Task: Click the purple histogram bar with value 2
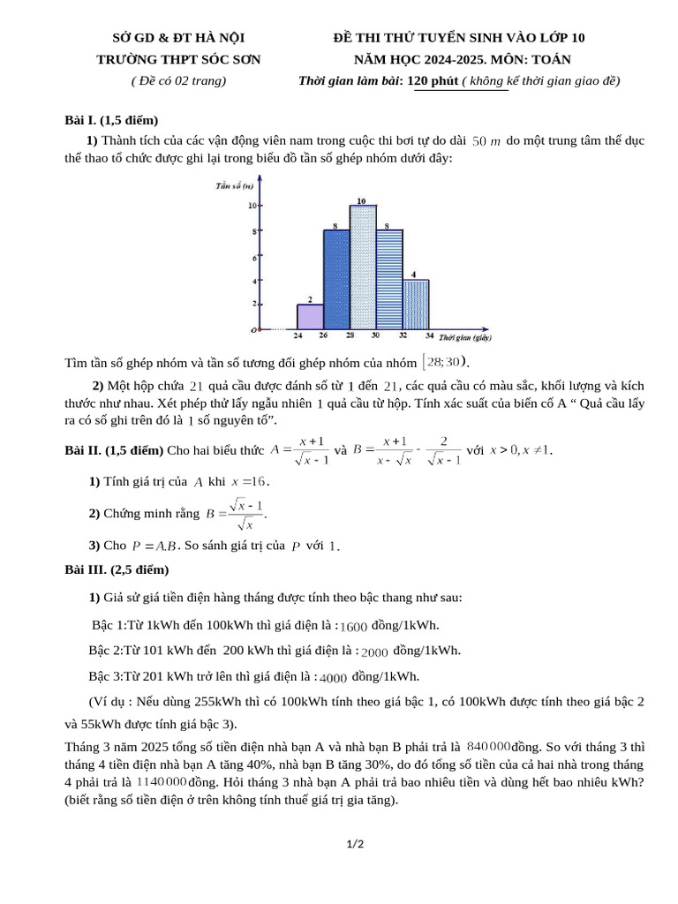pos(310,317)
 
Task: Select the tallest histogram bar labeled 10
pos(363,267)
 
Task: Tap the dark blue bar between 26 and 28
pos(336,280)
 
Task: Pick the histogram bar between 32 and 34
pos(416,305)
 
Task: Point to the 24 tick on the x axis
pos(298,336)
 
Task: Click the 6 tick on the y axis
pos(255,258)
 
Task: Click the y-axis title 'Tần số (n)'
pos(235,186)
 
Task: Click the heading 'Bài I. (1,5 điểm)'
pos(111,120)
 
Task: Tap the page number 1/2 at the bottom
pos(355,844)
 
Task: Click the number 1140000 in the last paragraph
pos(162,782)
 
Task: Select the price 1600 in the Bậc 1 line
pos(353,627)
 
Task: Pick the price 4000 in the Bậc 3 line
pos(333,678)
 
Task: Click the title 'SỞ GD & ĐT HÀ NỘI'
pos(178,37)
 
